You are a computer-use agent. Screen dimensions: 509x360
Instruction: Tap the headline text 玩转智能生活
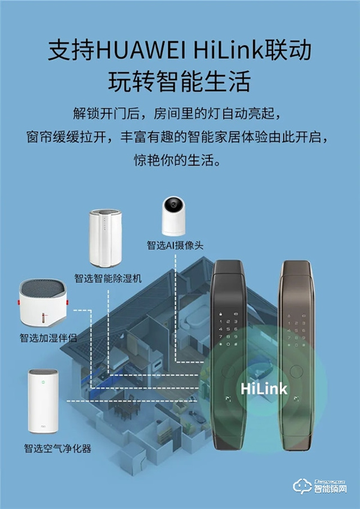(x=179, y=82)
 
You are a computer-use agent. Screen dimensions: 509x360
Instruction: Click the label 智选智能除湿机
(x=107, y=279)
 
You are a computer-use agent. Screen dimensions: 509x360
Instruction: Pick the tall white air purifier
(x=42, y=401)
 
